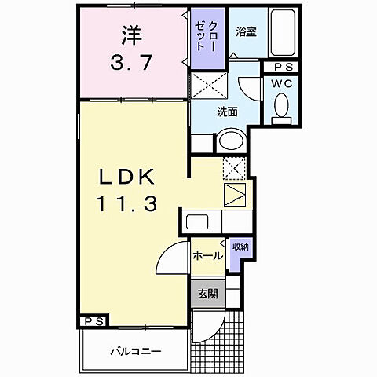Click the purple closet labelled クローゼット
(207, 37)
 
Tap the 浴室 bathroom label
(246, 32)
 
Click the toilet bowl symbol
(280, 107)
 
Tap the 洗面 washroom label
(228, 112)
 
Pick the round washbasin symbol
(230, 141)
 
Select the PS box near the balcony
(93, 321)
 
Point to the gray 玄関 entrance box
(208, 295)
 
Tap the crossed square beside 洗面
(210, 85)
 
